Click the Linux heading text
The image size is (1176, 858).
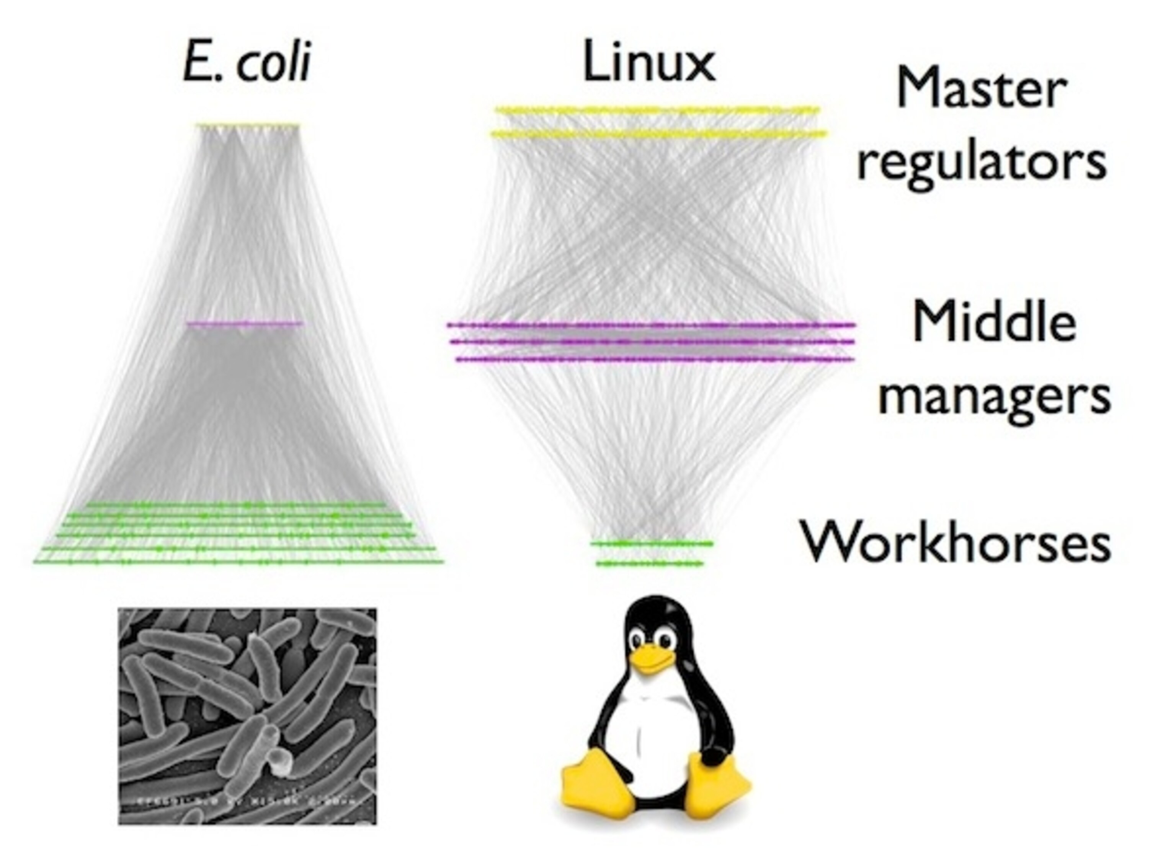650,63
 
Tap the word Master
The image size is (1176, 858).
982,90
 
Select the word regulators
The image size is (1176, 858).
982,162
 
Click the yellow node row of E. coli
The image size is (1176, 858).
248,125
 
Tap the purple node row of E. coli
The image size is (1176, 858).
244,324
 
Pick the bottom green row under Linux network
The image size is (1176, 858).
650,563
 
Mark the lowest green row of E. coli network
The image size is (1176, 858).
239,562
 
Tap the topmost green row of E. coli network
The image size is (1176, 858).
237,504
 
